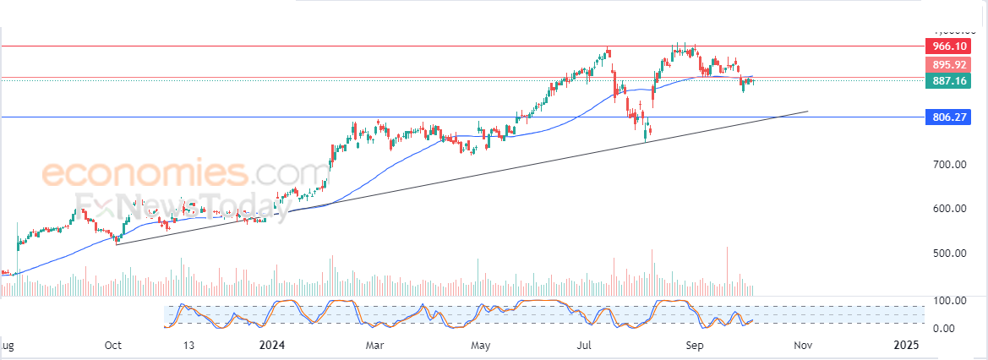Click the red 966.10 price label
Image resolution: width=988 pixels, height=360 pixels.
pyautogui.click(x=948, y=46)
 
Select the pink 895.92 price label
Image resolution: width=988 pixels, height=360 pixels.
pyautogui.click(x=948, y=64)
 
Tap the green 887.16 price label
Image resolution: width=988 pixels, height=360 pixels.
pyautogui.click(x=948, y=81)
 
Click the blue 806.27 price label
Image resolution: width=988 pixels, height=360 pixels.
pyautogui.click(x=948, y=117)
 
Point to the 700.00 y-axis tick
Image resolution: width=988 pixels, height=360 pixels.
pyautogui.click(x=949, y=164)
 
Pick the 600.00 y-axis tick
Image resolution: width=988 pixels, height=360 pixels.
pyautogui.click(x=949, y=209)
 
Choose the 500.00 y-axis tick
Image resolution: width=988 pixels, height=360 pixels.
pyautogui.click(x=949, y=254)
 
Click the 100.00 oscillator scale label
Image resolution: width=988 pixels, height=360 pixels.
pyautogui.click(x=949, y=301)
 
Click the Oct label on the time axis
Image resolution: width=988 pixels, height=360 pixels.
pyautogui.click(x=113, y=345)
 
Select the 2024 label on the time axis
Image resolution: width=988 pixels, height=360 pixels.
pyautogui.click(x=272, y=345)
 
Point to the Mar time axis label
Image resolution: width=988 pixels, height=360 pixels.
pyautogui.click(x=376, y=345)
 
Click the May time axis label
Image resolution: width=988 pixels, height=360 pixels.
pyautogui.click(x=481, y=345)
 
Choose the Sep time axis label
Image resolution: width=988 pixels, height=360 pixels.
pyautogui.click(x=694, y=345)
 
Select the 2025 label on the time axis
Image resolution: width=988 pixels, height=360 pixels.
pyautogui.click(x=906, y=345)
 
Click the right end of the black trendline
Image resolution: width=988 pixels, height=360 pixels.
pyautogui.click(x=808, y=111)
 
